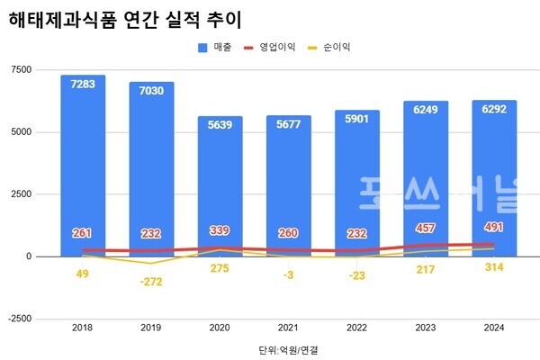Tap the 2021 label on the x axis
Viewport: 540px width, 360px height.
(288, 329)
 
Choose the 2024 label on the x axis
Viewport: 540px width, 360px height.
(493, 329)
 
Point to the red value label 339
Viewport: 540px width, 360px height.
(220, 230)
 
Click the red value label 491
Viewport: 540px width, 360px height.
(493, 227)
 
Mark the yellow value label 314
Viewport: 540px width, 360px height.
(493, 267)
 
